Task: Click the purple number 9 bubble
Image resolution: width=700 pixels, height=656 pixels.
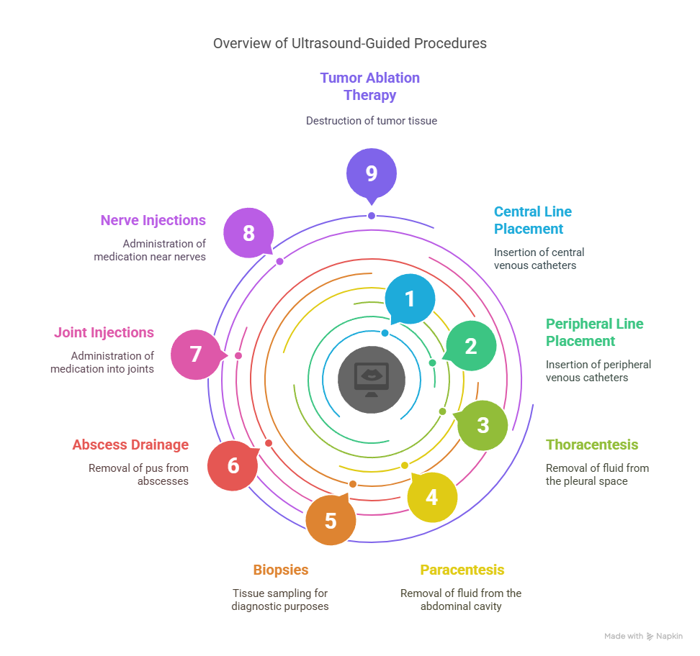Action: pyautogui.click(x=372, y=173)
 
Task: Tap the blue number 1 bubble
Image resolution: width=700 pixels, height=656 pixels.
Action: pyautogui.click(x=410, y=299)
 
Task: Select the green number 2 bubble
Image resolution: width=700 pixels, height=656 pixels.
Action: pyautogui.click(x=471, y=346)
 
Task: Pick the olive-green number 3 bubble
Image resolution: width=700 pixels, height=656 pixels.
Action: pyautogui.click(x=483, y=425)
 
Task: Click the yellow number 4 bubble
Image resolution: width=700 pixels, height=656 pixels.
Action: pyautogui.click(x=432, y=497)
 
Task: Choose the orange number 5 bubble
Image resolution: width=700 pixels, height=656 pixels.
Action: pyautogui.click(x=331, y=521)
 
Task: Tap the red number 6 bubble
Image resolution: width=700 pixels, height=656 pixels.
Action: pyautogui.click(x=233, y=466)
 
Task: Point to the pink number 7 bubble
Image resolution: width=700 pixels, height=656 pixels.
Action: pyautogui.click(x=196, y=355)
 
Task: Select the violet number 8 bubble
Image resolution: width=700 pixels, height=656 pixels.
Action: pyautogui.click(x=248, y=233)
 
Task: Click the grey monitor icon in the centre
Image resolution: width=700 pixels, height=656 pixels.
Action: pyautogui.click(x=372, y=380)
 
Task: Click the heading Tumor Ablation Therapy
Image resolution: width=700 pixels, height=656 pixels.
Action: pyautogui.click(x=370, y=86)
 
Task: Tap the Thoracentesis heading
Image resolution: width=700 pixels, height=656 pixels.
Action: pyautogui.click(x=592, y=445)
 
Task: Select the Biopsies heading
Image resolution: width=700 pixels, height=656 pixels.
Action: pyautogui.click(x=281, y=570)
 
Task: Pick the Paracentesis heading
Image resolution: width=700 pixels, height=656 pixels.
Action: pyautogui.click(x=462, y=570)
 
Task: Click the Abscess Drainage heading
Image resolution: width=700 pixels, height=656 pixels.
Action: pyautogui.click(x=130, y=445)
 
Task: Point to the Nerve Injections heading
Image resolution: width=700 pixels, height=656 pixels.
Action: pyautogui.click(x=153, y=220)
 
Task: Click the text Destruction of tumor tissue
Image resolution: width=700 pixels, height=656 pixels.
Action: pyautogui.click(x=372, y=121)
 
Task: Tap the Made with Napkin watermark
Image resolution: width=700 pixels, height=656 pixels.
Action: pyautogui.click(x=643, y=637)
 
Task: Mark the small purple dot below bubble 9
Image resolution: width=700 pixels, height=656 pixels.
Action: pyautogui.click(x=372, y=216)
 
